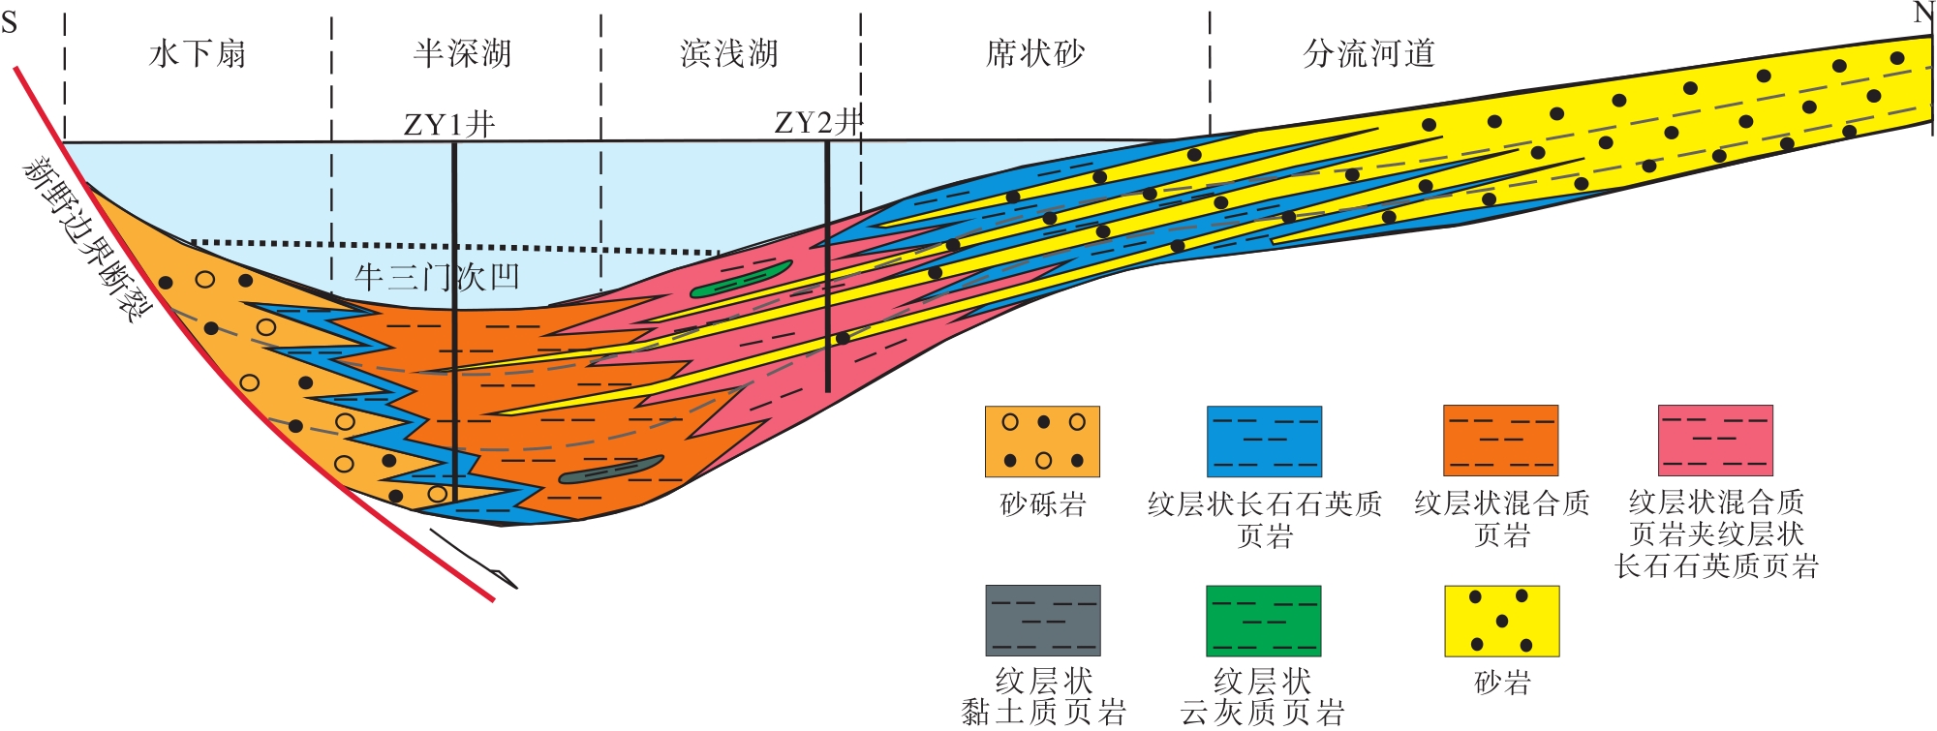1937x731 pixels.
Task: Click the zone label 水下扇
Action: coord(198,53)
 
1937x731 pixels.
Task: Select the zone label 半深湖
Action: coord(462,53)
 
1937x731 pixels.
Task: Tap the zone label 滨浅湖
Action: coord(729,53)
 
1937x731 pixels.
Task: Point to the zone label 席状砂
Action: coord(1035,53)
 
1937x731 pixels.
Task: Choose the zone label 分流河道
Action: coord(1368,53)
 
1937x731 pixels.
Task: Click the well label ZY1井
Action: coord(448,124)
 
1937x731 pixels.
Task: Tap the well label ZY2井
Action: coord(817,122)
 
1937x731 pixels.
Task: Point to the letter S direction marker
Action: coord(10,21)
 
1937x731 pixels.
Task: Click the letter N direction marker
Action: coord(1923,14)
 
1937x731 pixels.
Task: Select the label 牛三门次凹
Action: coord(437,278)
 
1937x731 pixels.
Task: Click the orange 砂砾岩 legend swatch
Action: coord(1042,442)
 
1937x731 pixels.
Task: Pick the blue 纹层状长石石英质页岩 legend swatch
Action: coord(1264,442)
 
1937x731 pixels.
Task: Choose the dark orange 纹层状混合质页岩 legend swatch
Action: coord(1500,441)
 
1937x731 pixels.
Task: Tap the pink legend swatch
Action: coord(1715,441)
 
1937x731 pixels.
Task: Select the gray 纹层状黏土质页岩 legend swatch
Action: coord(1043,621)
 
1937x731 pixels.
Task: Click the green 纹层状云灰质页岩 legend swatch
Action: coord(1263,621)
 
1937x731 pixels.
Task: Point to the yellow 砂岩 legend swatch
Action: coord(1501,621)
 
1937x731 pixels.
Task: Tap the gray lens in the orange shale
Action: coord(611,470)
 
